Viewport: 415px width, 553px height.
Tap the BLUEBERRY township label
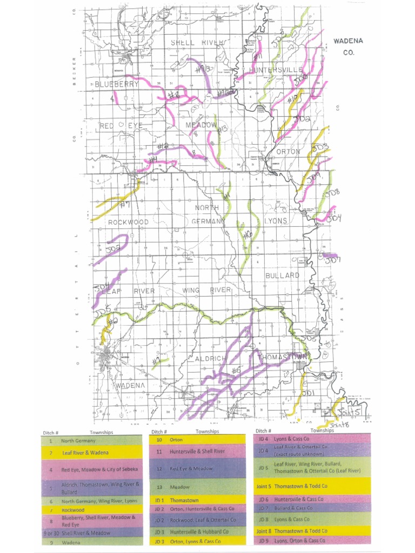coord(117,84)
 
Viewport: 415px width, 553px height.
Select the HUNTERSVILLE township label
coord(276,70)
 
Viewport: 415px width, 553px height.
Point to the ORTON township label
coord(288,152)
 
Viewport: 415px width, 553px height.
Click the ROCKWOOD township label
coord(128,222)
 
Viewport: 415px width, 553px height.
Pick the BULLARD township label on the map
coord(282,275)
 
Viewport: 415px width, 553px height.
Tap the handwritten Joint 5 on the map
coord(349,413)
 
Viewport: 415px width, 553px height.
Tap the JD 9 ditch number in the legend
coord(263,540)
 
